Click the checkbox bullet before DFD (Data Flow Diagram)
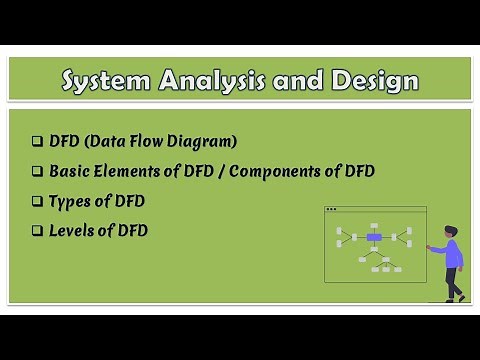(x=38, y=141)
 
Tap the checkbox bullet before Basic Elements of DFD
(x=38, y=171)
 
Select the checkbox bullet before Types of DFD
(x=38, y=201)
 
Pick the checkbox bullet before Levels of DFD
(x=38, y=231)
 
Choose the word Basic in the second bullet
(x=70, y=171)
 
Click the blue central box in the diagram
(x=374, y=237)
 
